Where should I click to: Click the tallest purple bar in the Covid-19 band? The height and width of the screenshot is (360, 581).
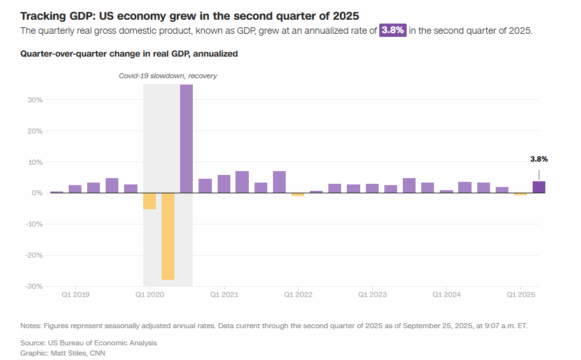(186, 139)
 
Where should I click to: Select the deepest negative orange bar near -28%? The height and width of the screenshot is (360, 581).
(168, 236)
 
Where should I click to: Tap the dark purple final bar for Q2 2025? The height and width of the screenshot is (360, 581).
(539, 187)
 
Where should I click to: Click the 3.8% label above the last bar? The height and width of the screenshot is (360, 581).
(539, 159)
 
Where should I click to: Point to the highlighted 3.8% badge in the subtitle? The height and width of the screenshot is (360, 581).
(393, 31)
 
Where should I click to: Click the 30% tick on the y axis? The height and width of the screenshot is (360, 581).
(34, 100)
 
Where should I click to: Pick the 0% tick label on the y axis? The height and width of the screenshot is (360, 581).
(36, 193)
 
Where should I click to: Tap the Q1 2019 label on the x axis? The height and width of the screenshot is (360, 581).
(75, 294)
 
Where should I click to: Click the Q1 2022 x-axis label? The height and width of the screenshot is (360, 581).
(298, 294)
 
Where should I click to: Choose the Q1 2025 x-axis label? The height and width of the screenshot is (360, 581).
(521, 294)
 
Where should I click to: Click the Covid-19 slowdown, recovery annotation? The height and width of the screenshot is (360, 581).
(168, 76)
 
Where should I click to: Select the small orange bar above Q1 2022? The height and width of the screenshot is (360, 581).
(298, 194)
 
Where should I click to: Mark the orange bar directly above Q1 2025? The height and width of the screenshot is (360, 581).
(521, 194)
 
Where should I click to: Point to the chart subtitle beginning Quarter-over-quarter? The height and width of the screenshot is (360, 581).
(129, 54)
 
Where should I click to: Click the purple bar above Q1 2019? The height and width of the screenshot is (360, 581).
(75, 189)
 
